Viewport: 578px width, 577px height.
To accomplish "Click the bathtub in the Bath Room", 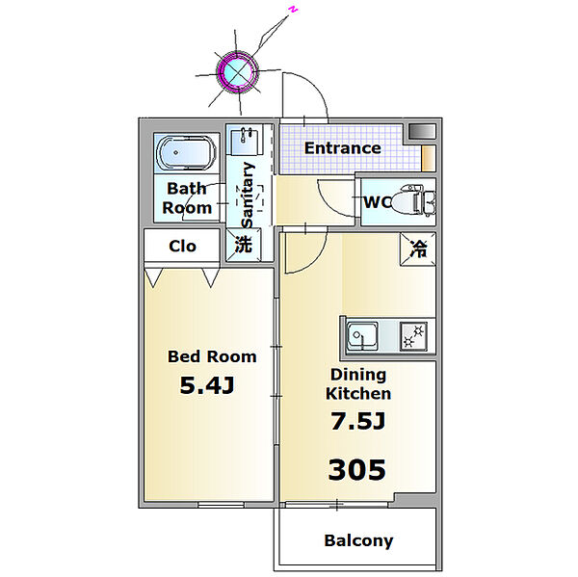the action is [x=186, y=153].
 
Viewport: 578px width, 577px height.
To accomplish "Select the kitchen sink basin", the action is [x=362, y=335].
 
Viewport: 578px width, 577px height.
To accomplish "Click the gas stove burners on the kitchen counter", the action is [x=413, y=336].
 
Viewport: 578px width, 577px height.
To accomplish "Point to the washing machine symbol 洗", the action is [x=244, y=245].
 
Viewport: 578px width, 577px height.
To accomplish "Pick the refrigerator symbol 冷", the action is [x=418, y=249].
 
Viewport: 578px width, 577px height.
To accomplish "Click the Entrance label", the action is [x=342, y=148].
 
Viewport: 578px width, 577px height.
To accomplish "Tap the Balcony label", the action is [x=358, y=540].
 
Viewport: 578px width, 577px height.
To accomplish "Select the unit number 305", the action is [x=356, y=469].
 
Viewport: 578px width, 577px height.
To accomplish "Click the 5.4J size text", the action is [x=207, y=385].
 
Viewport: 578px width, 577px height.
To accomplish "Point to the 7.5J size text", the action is [x=357, y=421].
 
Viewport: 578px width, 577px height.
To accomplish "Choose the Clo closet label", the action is [x=182, y=246].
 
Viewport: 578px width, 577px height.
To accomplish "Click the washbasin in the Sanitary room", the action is [x=245, y=141].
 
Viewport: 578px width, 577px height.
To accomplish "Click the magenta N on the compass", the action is [x=293, y=10].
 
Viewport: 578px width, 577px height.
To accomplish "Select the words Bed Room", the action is [x=212, y=356].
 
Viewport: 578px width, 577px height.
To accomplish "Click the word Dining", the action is [x=358, y=375].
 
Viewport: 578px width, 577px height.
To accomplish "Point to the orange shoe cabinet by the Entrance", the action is [x=429, y=158].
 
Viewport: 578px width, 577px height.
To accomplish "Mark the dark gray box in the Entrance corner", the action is [x=422, y=132].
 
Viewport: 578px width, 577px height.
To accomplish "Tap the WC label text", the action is [x=377, y=202].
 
